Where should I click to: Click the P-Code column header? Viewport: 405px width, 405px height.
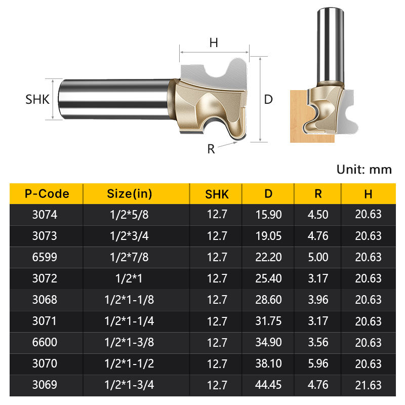47,194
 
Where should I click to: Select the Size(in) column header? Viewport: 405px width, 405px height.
130,194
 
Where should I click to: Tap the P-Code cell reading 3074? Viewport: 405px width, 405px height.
45,215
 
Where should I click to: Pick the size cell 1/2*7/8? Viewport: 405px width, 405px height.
129,257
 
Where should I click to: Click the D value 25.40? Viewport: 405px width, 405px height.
268,278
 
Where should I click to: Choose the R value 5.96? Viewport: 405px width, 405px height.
318,363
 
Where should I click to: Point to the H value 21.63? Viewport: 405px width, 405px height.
368,385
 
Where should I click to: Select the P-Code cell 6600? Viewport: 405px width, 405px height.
45,342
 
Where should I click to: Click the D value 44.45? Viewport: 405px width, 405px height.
268,385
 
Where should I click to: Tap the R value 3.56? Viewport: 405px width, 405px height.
318,342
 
